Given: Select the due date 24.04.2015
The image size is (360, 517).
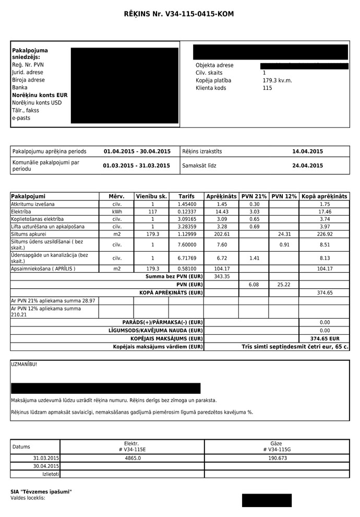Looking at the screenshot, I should [307, 166].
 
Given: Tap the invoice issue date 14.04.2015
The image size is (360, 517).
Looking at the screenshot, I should [307, 151].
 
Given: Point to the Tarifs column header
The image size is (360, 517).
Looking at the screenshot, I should [186, 196].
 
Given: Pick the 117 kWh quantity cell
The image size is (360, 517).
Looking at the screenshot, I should [152, 211].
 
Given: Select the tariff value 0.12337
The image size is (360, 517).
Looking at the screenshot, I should [186, 211].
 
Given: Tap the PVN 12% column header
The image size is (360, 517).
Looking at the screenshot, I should [284, 196].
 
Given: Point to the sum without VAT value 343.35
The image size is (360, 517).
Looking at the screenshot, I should [222, 276].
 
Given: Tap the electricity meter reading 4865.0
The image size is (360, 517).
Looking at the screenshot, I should [133, 457].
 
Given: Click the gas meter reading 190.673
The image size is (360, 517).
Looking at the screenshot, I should [276, 457].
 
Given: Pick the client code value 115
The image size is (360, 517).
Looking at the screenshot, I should [267, 88].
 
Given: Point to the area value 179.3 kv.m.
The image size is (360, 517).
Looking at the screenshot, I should [277, 80].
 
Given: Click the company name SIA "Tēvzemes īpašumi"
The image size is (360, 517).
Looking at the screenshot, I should [41, 492].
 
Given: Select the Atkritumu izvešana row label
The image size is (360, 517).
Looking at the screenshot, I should [32, 204].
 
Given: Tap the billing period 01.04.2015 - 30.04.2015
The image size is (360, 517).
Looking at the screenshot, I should [137, 151].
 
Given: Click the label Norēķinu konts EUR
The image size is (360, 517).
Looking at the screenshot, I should [40, 96].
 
